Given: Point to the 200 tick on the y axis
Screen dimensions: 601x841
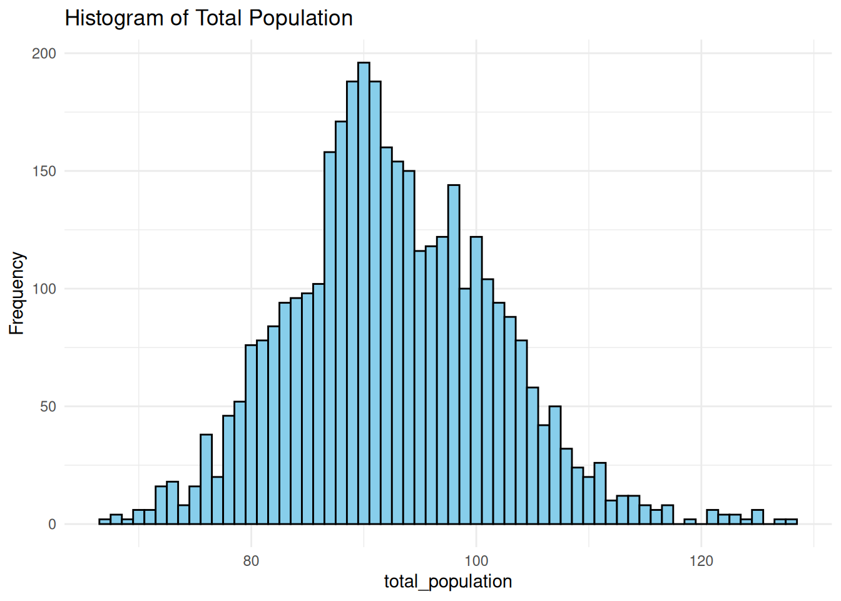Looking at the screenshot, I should (x=44, y=54).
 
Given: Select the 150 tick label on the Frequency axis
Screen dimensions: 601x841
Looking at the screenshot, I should (x=44, y=172).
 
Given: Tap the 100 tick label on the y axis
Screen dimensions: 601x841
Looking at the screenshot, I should (x=44, y=289).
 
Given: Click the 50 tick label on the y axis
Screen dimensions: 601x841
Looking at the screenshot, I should (x=48, y=407).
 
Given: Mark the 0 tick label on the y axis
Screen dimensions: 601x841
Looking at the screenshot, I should (x=52, y=525).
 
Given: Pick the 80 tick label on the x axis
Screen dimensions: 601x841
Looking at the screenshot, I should (x=251, y=561).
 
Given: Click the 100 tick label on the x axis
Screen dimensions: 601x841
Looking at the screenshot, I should (x=476, y=561).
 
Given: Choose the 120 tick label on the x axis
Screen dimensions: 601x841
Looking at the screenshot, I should (x=701, y=561).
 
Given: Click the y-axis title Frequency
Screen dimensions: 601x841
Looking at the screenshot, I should (x=16, y=294).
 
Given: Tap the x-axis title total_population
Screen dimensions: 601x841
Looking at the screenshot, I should (x=448, y=582).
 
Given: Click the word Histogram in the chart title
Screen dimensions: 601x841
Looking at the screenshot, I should (x=114, y=18).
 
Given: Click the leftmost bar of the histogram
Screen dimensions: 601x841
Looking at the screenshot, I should (x=104, y=521).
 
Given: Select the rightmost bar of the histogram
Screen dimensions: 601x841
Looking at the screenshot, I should (x=792, y=521).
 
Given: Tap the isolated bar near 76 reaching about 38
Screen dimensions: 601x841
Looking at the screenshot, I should (x=206, y=479).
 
